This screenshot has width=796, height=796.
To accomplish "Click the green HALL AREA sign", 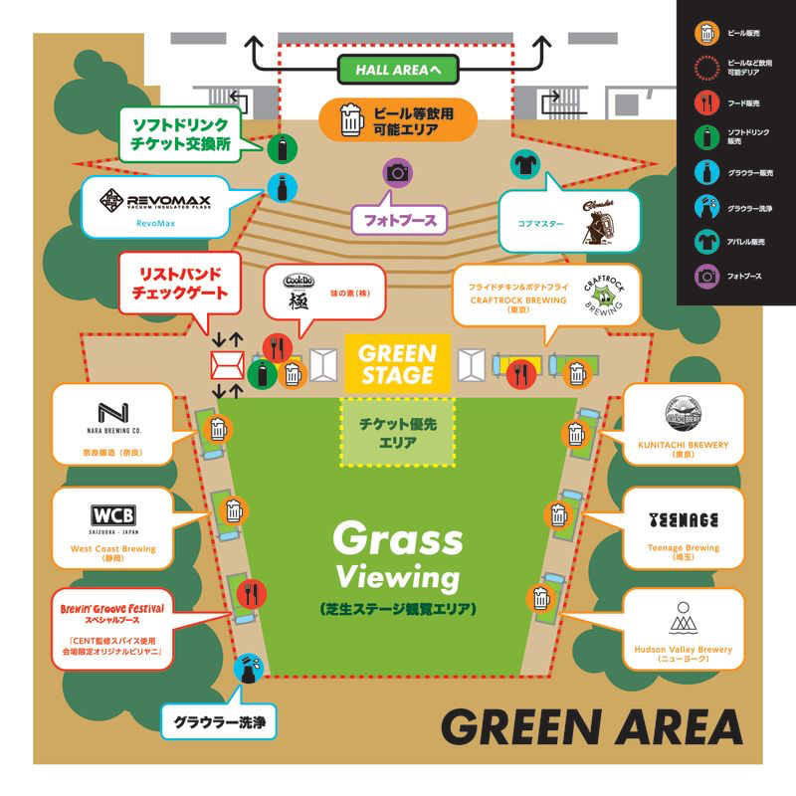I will point(398,70).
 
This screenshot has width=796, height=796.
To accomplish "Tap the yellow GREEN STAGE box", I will point(398,364).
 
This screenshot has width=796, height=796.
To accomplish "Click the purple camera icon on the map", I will point(398,171).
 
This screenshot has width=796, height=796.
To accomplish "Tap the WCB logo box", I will point(113,515).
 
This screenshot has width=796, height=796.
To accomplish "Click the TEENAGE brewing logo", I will point(683,519).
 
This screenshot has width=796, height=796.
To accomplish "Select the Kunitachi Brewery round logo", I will point(683,414).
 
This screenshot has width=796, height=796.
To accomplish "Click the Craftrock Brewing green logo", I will point(602,298).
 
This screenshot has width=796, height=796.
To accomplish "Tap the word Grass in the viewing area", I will point(397,539).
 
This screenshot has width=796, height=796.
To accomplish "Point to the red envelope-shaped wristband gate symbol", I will point(226,365).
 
